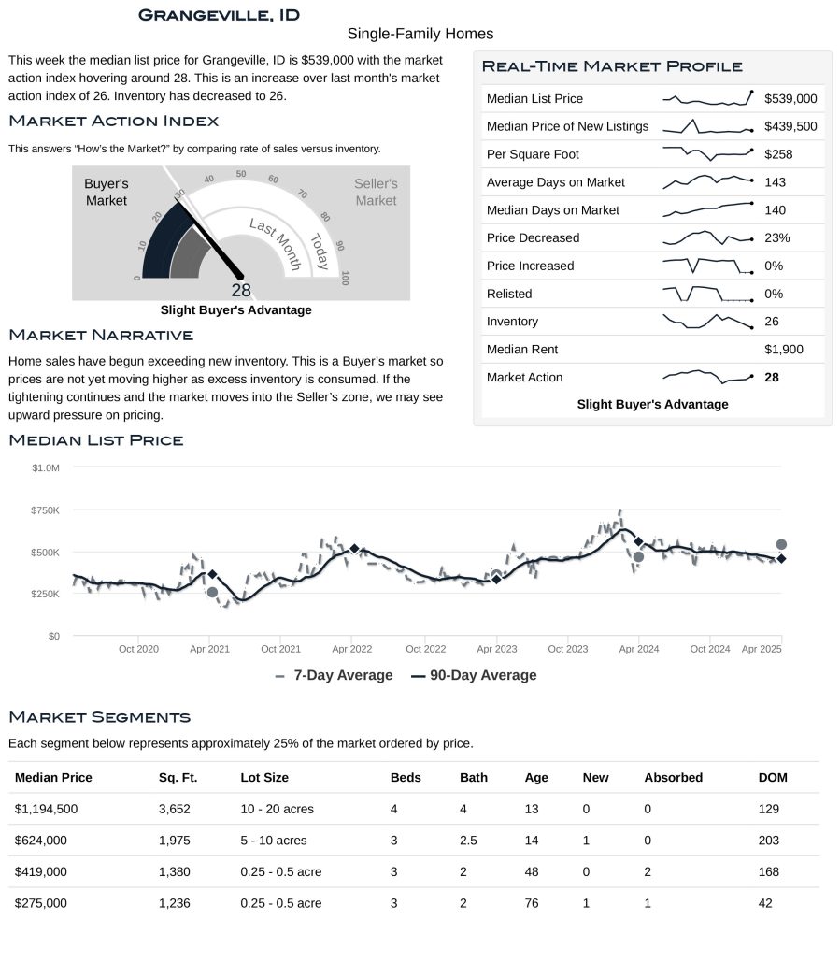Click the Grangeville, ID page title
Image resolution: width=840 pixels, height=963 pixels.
[x=219, y=15]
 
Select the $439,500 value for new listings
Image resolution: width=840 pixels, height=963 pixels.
[x=790, y=126]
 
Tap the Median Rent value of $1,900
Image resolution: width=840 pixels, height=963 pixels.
[x=783, y=350]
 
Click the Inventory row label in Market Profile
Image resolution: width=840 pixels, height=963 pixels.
[x=512, y=322]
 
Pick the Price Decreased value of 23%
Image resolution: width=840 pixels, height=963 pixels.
[x=776, y=237]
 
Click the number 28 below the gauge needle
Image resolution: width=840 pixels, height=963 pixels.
[x=241, y=290]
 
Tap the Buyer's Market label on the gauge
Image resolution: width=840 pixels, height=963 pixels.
[x=107, y=192]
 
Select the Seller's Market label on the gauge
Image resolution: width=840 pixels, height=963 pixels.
[x=376, y=192]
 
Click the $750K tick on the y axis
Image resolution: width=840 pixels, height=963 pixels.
[x=46, y=510]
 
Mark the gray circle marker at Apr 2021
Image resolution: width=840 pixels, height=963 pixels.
[x=212, y=593]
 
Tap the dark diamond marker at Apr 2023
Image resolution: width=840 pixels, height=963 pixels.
[x=496, y=580]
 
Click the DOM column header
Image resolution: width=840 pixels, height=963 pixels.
[x=772, y=777]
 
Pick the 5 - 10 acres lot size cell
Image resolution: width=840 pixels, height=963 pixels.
[x=274, y=841]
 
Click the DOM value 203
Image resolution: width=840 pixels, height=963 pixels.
[x=769, y=841]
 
